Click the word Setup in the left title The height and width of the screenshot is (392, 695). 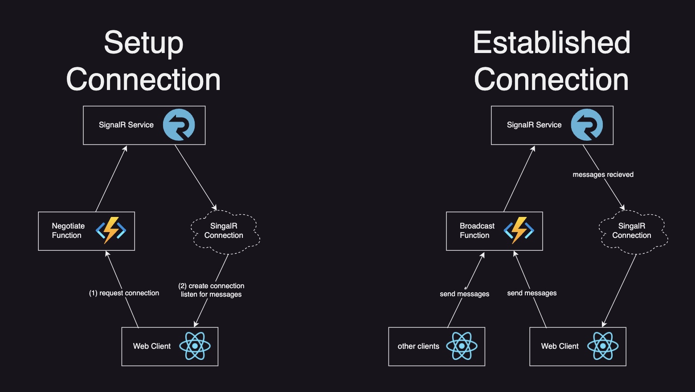coord(143,43)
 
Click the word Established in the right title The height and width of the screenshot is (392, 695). coord(552,43)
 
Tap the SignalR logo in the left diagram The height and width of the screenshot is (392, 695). coord(179,125)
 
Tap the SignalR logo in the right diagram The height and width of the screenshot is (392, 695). coord(587,125)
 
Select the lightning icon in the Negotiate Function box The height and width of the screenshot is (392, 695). coord(111,230)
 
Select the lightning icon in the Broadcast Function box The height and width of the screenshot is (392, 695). coord(519,230)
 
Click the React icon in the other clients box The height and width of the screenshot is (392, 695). coord(462,346)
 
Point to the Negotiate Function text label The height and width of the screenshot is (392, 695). coord(68,231)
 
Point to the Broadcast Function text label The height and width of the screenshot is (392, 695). coord(477,231)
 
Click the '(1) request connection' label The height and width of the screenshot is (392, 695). coord(124,293)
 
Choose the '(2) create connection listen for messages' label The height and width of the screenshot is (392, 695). coord(211,290)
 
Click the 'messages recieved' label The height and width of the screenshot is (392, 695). coord(603,175)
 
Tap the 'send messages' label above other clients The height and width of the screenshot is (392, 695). coord(464,294)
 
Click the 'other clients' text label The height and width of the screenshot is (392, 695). coord(418,347)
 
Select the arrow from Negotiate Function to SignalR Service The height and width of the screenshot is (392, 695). coord(111,179)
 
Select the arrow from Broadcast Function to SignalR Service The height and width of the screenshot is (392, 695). coord(519,179)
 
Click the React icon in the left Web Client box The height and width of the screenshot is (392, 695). coord(195,346)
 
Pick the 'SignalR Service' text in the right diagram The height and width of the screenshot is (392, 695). coord(534,125)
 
